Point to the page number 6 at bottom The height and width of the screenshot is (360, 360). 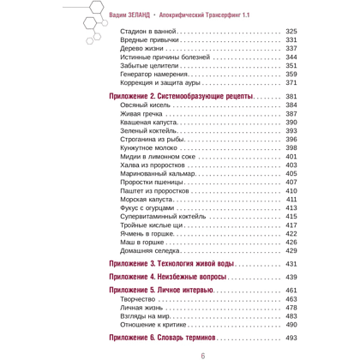point(203,354)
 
